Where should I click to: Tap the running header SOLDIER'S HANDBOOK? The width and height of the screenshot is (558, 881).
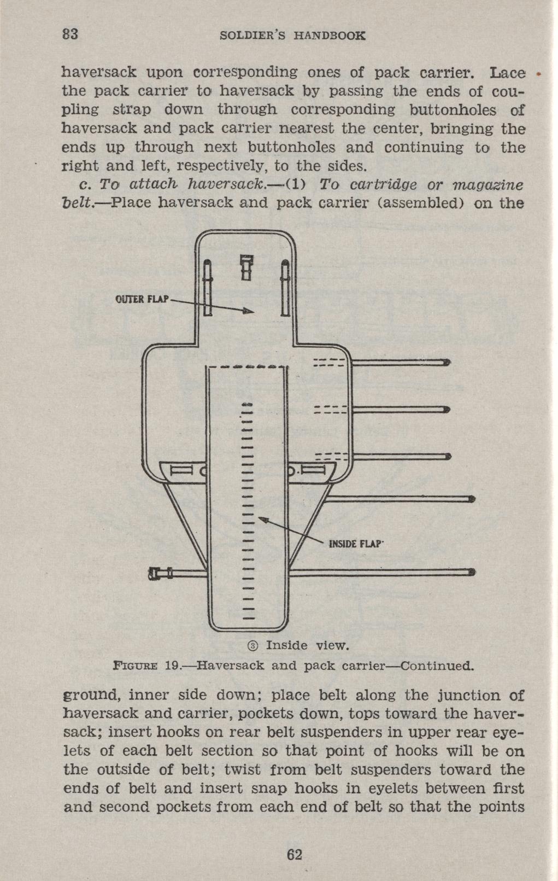pos(291,36)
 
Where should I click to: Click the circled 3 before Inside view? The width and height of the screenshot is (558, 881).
pos(253,646)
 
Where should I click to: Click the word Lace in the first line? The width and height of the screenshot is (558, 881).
pos(508,73)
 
